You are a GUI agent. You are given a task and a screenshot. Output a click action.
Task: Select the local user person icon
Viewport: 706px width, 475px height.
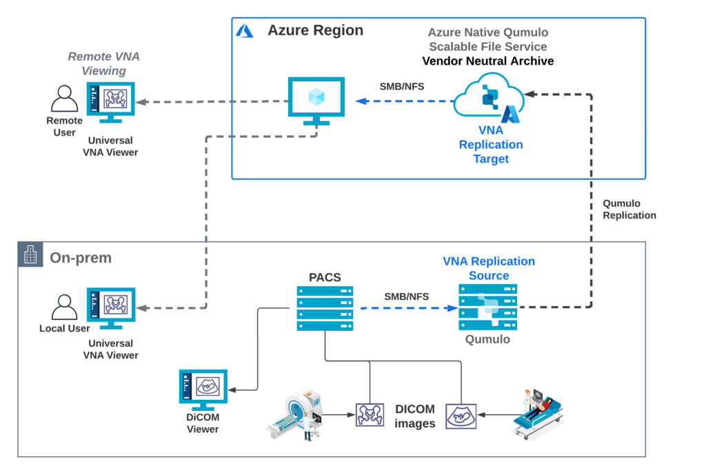[x=65, y=307]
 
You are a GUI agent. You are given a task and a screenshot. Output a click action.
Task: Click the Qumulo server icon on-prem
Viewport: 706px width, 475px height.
[x=488, y=307]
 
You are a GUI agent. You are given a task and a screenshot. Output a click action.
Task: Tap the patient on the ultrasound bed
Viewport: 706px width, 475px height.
[x=541, y=412]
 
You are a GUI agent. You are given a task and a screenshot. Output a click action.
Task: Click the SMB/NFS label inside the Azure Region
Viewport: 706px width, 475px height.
[x=403, y=87]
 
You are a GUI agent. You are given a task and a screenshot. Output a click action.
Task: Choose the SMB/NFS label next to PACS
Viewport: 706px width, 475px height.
[x=406, y=296]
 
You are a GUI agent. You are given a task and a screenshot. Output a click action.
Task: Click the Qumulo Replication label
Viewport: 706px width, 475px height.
[x=629, y=210]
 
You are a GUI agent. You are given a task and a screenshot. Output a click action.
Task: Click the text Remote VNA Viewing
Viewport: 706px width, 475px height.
[x=103, y=63]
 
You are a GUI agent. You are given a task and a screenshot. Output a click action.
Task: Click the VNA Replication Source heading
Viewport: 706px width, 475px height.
[x=488, y=268]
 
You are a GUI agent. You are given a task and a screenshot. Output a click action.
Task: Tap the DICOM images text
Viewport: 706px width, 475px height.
[x=415, y=416]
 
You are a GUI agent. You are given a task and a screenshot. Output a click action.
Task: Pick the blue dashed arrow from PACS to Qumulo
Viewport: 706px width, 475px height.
[x=406, y=309]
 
